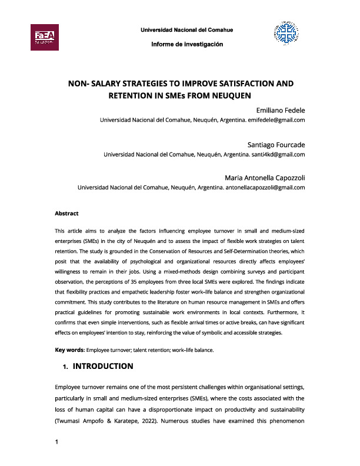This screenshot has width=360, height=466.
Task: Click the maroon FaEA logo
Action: pos(44,36)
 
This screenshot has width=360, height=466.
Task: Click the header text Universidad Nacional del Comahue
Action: pos(186,30)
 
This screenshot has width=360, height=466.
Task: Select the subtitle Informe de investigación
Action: pos(186,45)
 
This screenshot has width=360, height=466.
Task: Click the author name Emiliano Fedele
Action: pos(272,110)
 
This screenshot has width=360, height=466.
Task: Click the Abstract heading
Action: pos(66,214)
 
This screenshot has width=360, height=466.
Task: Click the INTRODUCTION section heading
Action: pos(102,367)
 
